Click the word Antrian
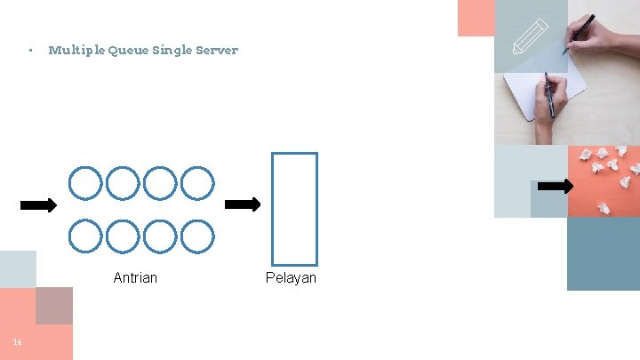tap(135, 278)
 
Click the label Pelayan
tap(291, 278)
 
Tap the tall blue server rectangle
tap(294, 209)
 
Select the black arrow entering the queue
tap(38, 205)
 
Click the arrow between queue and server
tap(243, 204)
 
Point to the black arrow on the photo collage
tap(556, 186)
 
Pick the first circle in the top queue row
tap(85, 183)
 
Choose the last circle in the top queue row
tap(197, 183)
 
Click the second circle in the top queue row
tap(123, 183)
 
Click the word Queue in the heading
tap(128, 51)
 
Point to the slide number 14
tap(17, 342)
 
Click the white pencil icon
tap(532, 38)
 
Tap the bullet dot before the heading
tap(29, 51)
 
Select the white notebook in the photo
tap(544, 92)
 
